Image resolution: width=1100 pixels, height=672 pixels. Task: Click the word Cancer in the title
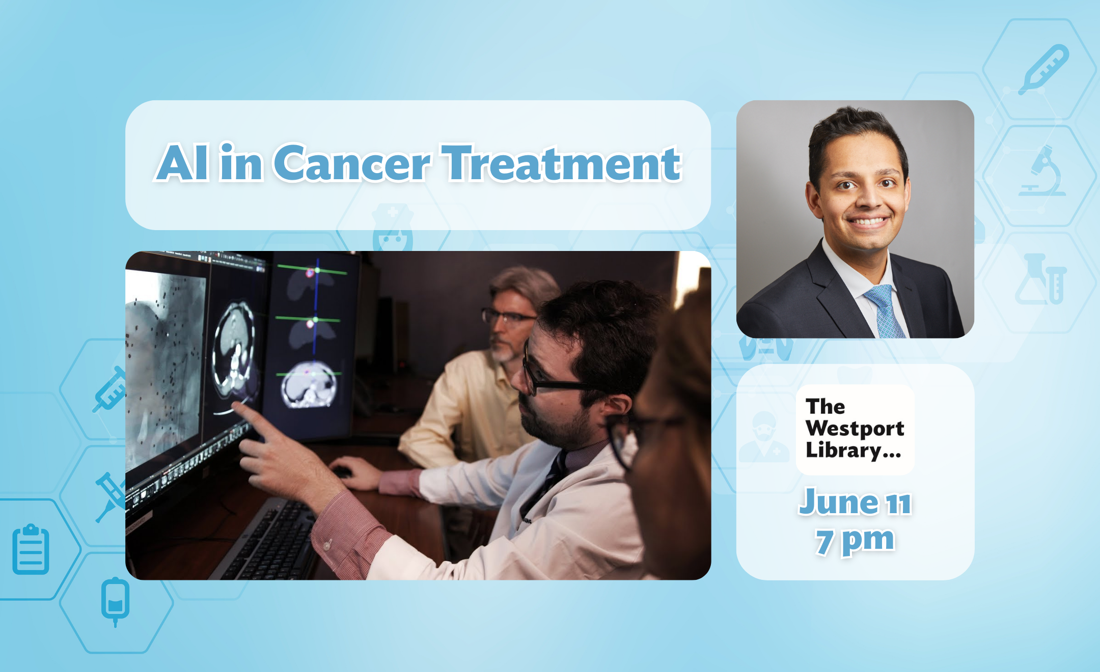pyautogui.click(x=352, y=163)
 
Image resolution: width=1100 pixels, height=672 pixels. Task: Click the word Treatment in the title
pyautogui.click(x=561, y=163)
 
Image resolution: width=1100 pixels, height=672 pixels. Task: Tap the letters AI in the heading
pyautogui.click(x=182, y=163)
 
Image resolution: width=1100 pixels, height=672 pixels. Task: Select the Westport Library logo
pyautogui.click(x=855, y=429)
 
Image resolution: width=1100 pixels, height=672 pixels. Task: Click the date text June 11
pyautogui.click(x=855, y=502)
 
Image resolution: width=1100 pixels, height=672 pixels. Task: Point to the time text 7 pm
pyautogui.click(x=855, y=541)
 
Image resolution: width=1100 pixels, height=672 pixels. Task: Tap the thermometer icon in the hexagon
pyautogui.click(x=1043, y=69)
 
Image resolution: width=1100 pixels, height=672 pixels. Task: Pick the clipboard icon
pyautogui.click(x=31, y=549)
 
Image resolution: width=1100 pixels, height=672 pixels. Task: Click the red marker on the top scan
pyautogui.click(x=310, y=273)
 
